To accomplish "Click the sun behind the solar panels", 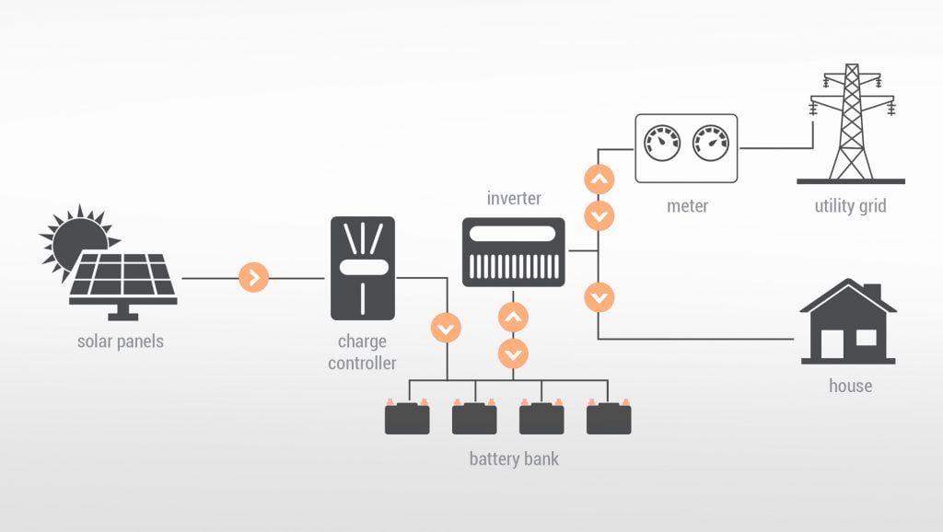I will (72, 237).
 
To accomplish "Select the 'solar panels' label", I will (121, 341).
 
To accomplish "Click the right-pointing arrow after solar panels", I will (253, 277).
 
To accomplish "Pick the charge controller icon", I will (362, 268).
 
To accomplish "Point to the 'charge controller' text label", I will (362, 353).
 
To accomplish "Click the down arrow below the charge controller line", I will (447, 328).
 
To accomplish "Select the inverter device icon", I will (513, 251).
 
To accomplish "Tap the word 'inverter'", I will (513, 198).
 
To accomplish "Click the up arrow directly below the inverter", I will (513, 318).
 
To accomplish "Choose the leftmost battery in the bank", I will (407, 418).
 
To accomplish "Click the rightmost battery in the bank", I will (609, 418).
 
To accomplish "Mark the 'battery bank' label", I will (513, 458).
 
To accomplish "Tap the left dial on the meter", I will (662, 143).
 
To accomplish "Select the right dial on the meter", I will (710, 143).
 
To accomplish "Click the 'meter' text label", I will (687, 205).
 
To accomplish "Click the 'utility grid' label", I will (850, 206).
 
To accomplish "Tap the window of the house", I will (866, 338).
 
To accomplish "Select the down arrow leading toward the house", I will (599, 297).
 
